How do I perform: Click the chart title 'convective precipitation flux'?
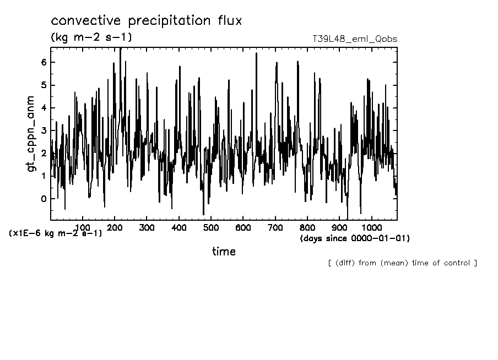coord(146,21)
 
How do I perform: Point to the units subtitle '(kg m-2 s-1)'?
coord(91,37)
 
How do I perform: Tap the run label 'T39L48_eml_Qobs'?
coord(354,39)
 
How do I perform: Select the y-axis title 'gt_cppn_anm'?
coord(31,133)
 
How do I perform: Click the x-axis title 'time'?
coord(224,252)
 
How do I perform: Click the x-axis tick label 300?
coord(147,227)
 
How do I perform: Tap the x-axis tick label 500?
coord(211,227)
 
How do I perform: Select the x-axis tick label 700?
coord(275,227)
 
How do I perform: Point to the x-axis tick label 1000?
coord(371,227)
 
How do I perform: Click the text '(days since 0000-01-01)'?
coord(355,239)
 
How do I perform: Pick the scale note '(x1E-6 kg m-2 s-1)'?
coord(56,233)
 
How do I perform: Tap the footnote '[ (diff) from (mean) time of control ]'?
coord(402,263)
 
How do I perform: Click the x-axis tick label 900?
coord(339,227)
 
